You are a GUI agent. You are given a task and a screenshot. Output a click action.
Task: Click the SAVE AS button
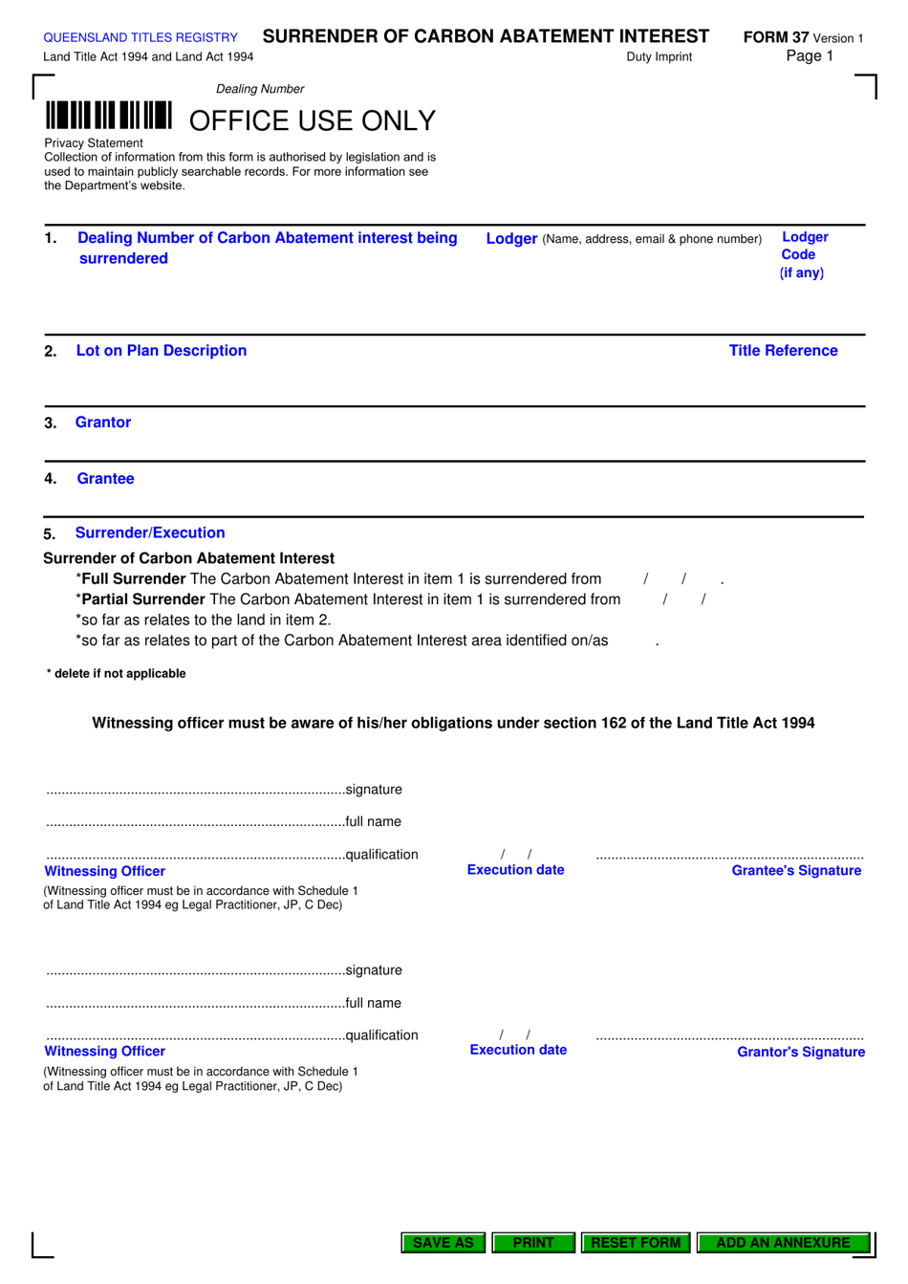coord(443,1242)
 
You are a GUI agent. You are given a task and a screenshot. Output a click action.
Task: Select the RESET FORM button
coord(636,1242)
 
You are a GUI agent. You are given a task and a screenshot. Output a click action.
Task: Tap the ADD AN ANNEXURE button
coord(783,1242)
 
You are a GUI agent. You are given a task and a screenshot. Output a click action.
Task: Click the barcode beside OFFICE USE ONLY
coord(108,116)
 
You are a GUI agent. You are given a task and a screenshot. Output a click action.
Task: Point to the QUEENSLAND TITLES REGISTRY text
coord(141,37)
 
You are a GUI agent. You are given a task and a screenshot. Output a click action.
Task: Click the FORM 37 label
coord(776,37)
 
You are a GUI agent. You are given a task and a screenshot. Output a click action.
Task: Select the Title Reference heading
coord(783,351)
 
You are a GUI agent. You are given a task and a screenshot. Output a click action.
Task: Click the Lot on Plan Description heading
coord(161,351)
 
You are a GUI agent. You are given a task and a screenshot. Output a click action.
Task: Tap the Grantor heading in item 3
coord(102,423)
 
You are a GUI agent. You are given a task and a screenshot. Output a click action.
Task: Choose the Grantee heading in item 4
coord(105,479)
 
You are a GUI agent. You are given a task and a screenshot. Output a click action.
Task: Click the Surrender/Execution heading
coord(150,533)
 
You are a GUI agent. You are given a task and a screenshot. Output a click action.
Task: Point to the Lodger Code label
coord(803,254)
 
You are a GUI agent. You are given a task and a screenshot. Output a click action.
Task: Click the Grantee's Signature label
coord(796,870)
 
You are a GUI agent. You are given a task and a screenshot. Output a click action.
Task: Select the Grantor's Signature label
coord(800,1052)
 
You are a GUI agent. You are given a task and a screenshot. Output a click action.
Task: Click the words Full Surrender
coord(134,578)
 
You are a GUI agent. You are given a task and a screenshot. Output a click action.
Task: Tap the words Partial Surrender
coord(143,599)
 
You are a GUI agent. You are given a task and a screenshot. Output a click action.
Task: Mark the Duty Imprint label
coord(659,57)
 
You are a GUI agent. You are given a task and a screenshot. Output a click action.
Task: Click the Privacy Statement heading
coord(94,143)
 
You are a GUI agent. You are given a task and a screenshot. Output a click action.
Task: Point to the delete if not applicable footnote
coord(117,673)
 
